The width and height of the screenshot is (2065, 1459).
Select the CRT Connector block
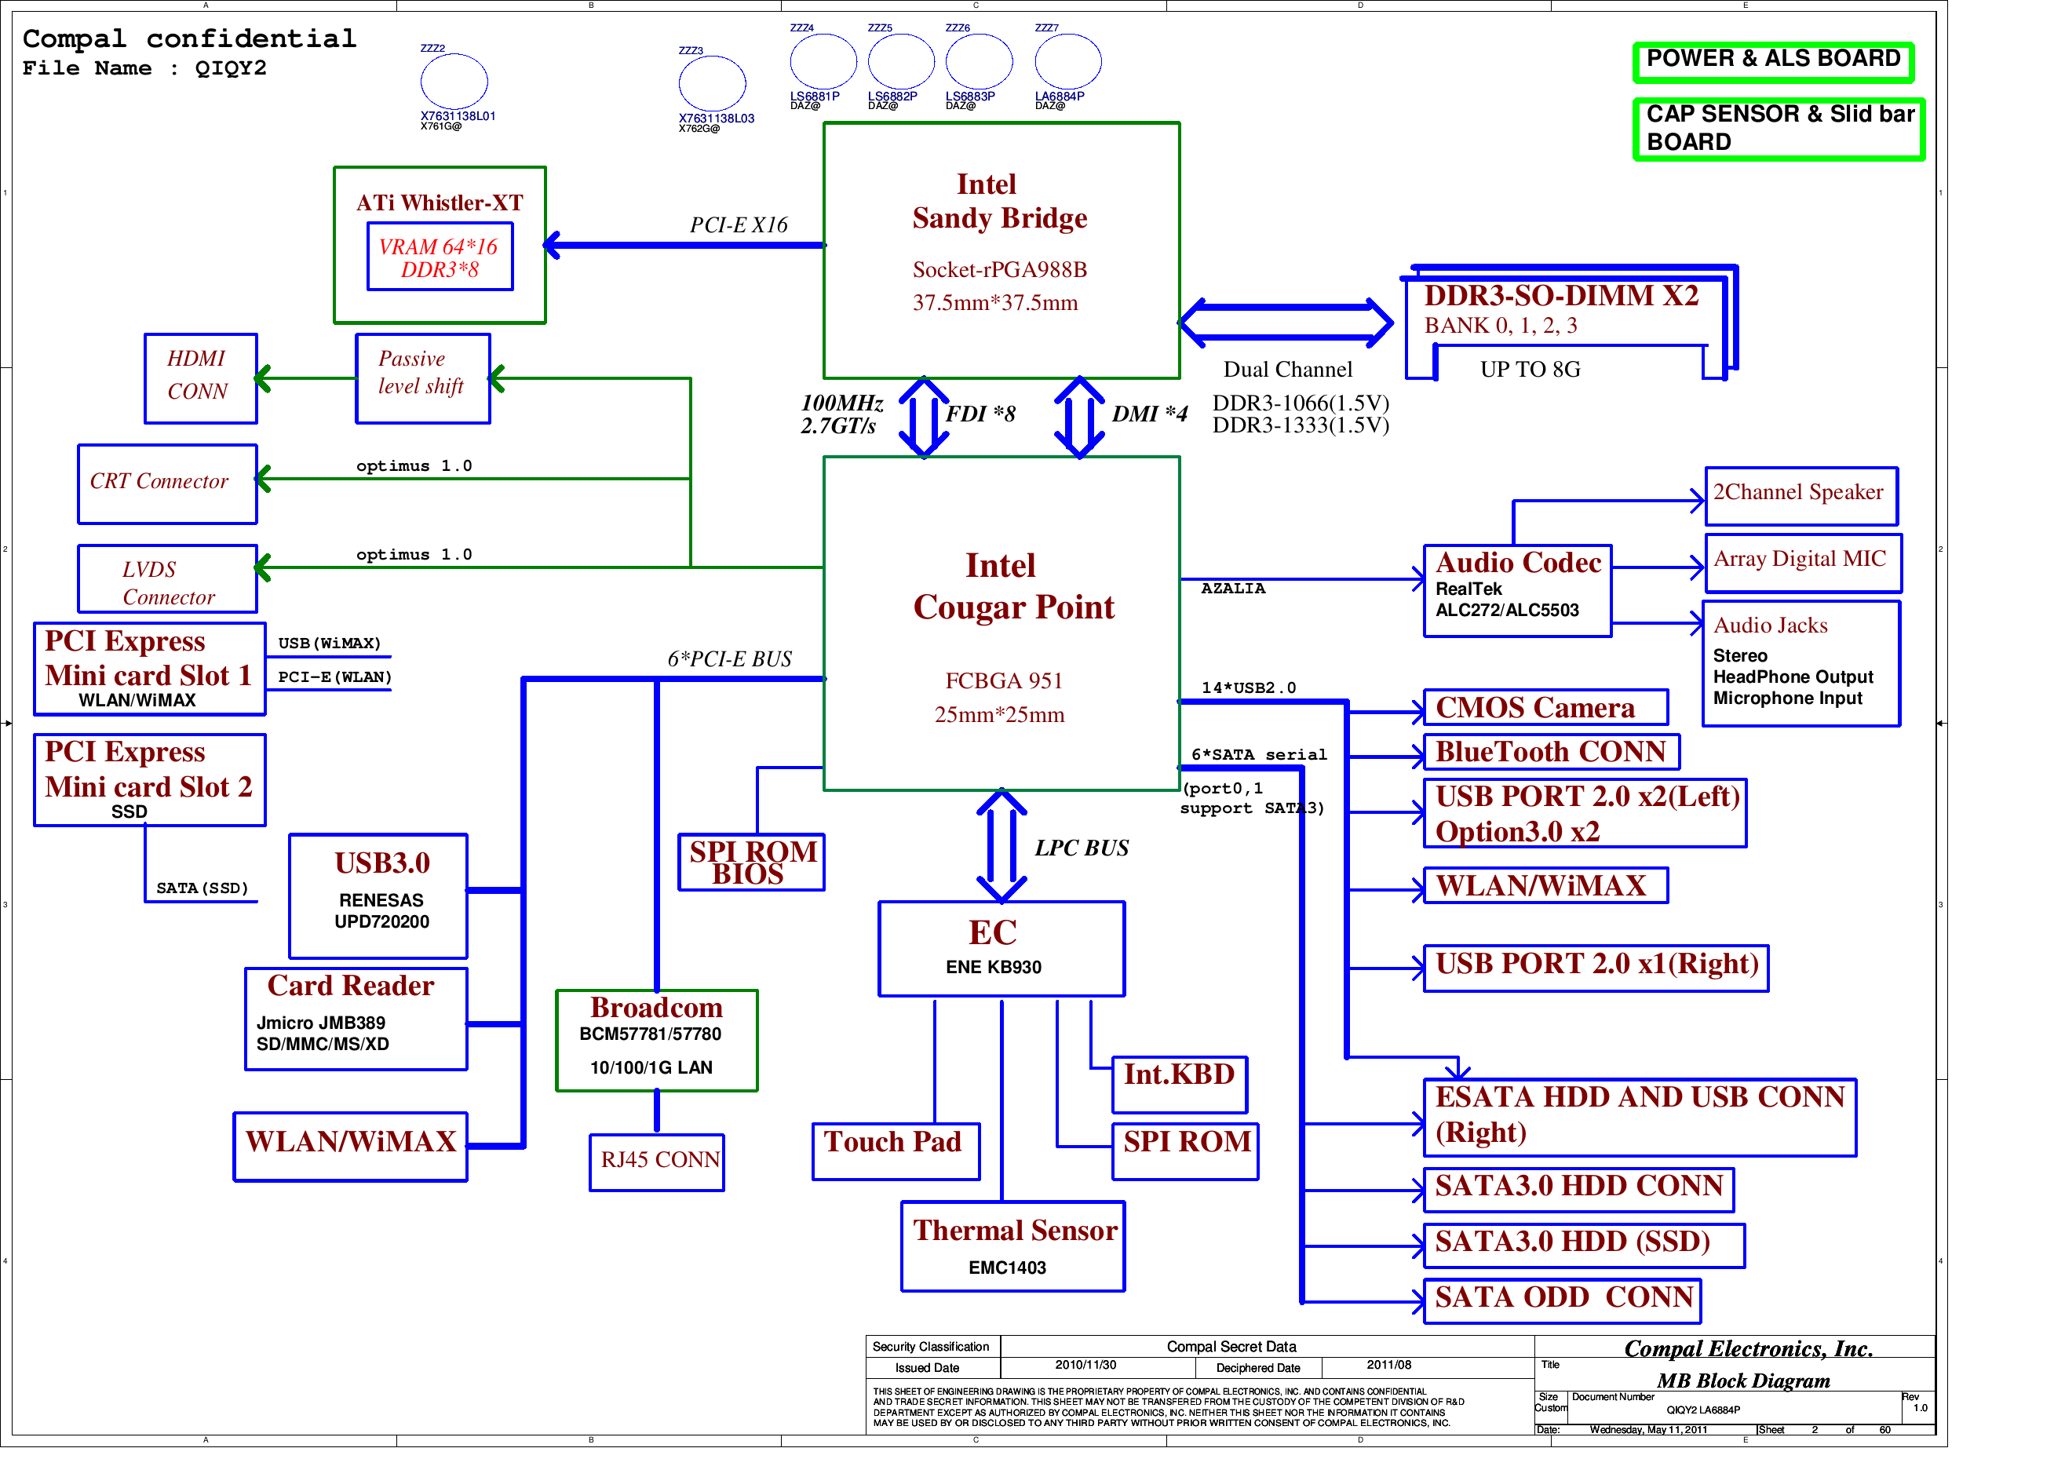point(167,484)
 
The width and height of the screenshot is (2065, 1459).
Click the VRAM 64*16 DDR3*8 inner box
point(440,257)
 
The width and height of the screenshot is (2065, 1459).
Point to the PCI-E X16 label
point(739,225)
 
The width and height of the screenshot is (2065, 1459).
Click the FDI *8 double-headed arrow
point(924,418)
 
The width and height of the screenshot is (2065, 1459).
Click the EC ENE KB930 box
point(1001,949)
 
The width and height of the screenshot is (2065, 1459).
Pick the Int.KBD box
point(1179,1084)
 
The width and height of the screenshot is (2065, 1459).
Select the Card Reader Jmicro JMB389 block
point(356,1019)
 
